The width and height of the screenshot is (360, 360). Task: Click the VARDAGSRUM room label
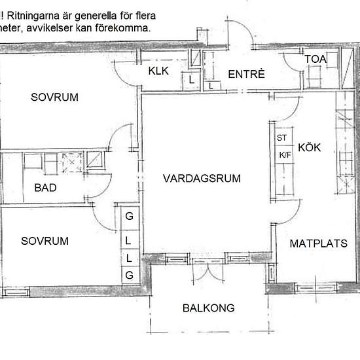(x=202, y=179)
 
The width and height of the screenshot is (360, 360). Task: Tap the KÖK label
(x=309, y=147)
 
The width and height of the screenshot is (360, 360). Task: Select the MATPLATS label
(x=319, y=243)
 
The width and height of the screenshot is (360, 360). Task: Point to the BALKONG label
(x=208, y=308)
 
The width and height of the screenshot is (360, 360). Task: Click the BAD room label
(x=45, y=188)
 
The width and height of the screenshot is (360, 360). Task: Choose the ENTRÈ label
(x=246, y=74)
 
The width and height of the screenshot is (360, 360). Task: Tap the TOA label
(x=315, y=59)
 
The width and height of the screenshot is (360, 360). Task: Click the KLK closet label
(x=158, y=71)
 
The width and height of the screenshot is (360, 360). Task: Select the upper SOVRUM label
(x=54, y=97)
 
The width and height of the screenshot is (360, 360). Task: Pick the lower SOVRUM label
(x=45, y=241)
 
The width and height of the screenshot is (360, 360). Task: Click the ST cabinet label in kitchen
(x=281, y=137)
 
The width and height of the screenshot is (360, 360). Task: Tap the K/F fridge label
(x=285, y=155)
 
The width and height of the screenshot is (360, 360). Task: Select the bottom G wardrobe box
(x=130, y=275)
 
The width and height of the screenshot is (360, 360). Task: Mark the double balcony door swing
(x=208, y=272)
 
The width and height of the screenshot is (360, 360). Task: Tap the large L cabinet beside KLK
(x=191, y=81)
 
